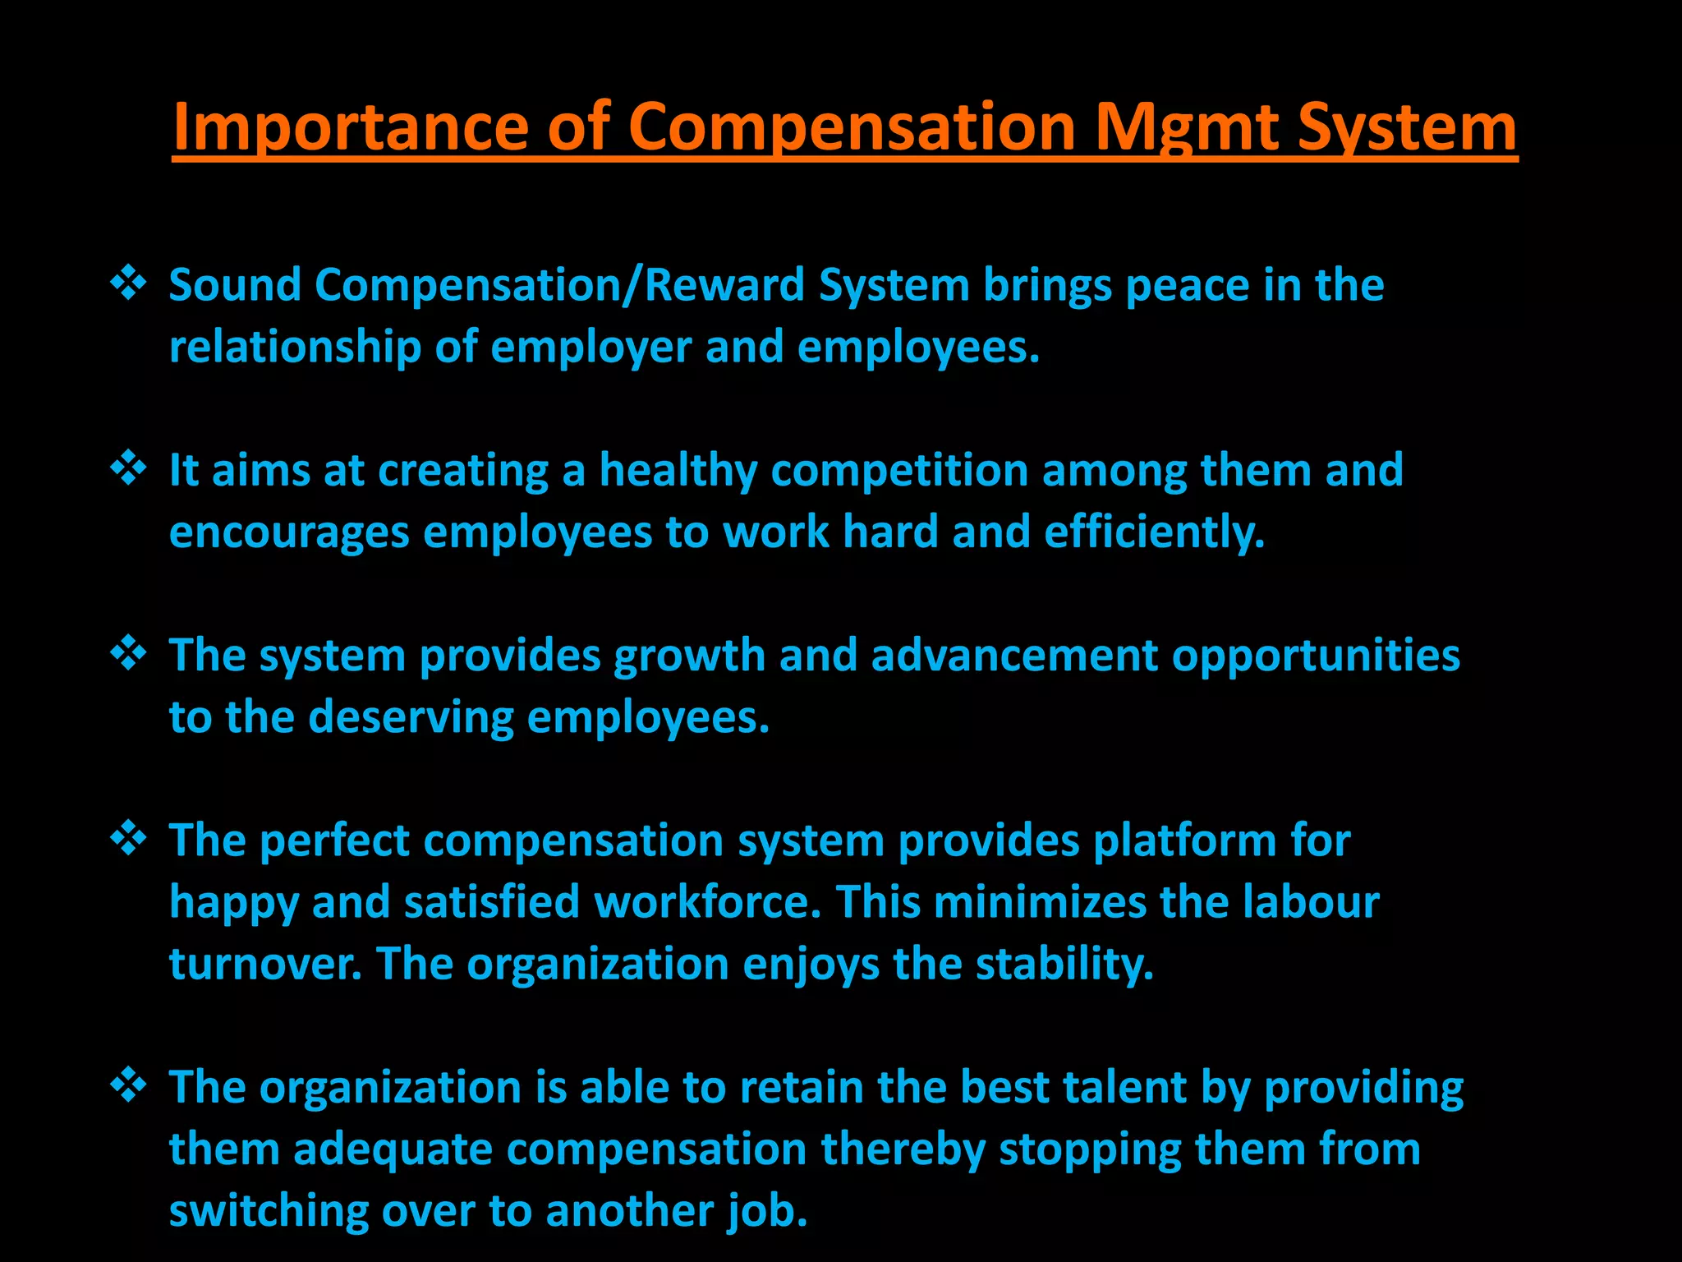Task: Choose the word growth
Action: tap(689, 656)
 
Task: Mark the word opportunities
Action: tap(1316, 656)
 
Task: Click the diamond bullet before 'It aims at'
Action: tap(129, 468)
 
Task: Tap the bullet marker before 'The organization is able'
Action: tap(129, 1085)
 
